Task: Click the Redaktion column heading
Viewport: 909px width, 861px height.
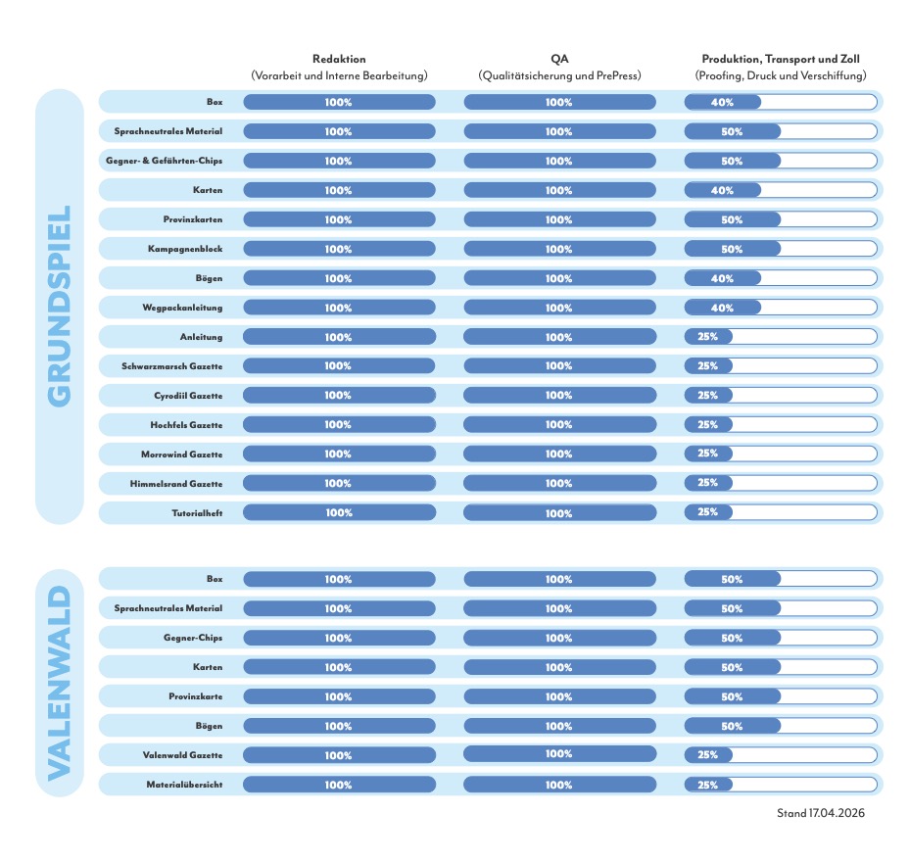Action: [339, 59]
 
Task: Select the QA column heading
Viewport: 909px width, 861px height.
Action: [559, 59]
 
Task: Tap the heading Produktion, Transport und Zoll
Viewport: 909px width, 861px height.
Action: [780, 59]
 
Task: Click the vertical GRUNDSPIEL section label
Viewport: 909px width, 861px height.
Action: [59, 306]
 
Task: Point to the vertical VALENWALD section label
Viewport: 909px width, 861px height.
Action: [59, 683]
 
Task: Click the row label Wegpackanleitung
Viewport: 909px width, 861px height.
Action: [182, 308]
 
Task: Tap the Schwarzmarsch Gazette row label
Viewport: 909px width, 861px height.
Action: [171, 366]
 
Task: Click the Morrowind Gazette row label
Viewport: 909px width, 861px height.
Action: [181, 454]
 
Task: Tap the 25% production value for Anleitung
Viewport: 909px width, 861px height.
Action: [707, 337]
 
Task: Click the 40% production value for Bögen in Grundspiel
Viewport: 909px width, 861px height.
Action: [722, 278]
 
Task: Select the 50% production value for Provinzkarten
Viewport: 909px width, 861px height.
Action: [732, 219]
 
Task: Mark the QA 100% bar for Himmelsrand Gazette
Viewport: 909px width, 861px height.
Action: [559, 484]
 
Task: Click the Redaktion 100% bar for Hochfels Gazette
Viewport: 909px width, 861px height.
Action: [339, 425]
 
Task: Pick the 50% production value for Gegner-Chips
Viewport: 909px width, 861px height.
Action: [732, 638]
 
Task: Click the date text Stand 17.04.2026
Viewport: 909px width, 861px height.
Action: [821, 813]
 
